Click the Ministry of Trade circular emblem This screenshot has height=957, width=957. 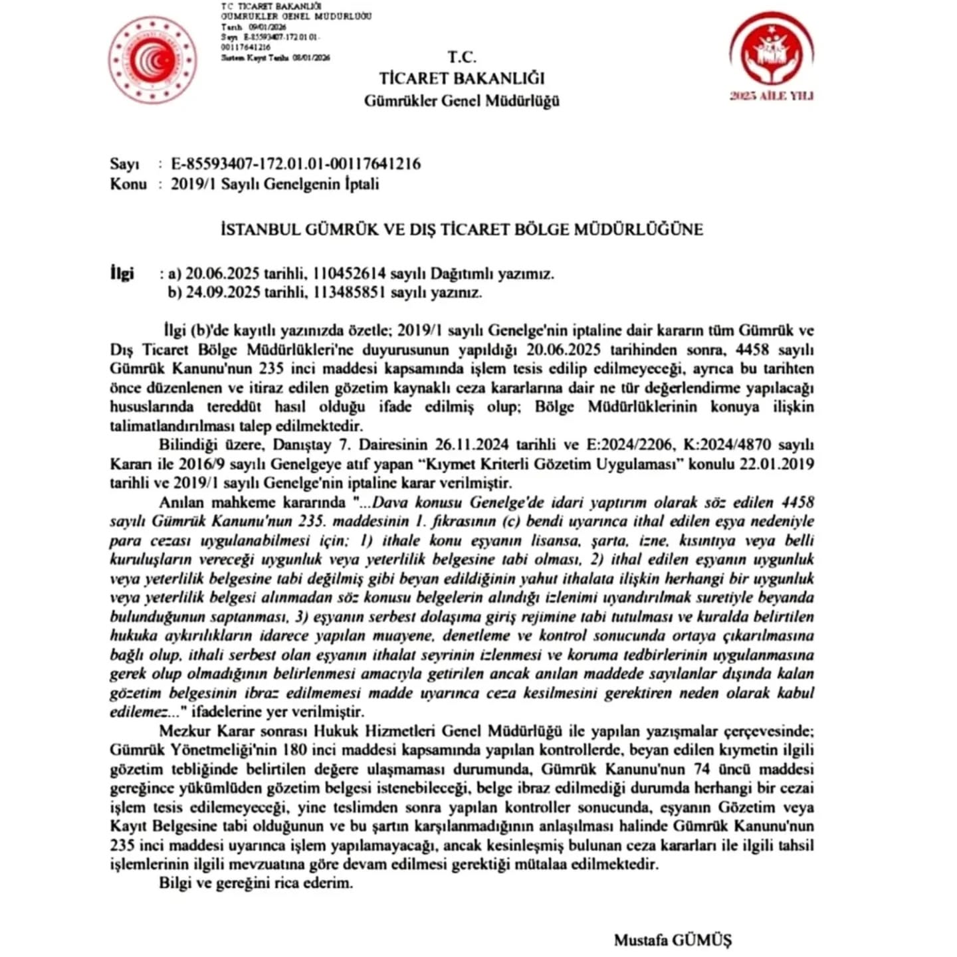click(x=152, y=60)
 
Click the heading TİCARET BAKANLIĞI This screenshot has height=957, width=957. click(x=461, y=78)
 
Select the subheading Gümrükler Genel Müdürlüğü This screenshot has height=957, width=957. click(x=461, y=101)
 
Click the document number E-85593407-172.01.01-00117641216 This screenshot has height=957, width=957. click(x=296, y=164)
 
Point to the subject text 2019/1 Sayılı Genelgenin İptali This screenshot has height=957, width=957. click(x=274, y=184)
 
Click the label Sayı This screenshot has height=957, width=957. click(x=124, y=164)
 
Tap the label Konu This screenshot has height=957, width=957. click(x=128, y=184)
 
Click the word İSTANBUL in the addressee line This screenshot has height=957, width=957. click(x=259, y=230)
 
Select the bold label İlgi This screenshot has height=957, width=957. click(x=122, y=273)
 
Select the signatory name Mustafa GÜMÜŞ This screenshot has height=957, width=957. click(x=673, y=940)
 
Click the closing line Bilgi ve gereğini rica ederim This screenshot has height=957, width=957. click(x=256, y=884)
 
